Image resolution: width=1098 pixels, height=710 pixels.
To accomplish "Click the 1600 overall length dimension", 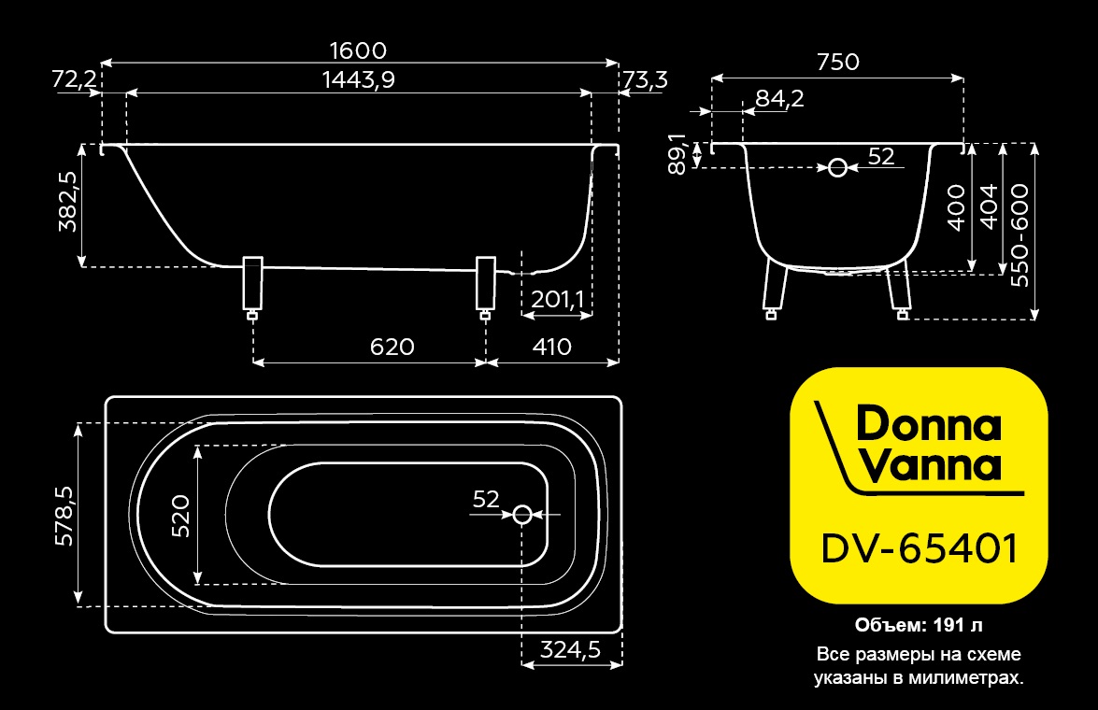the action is (x=358, y=50).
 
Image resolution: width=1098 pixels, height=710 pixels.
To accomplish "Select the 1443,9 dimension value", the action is (x=359, y=79).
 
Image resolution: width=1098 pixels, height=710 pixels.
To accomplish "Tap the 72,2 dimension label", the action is (x=74, y=79).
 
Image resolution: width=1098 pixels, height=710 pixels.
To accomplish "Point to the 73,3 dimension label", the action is (x=645, y=80).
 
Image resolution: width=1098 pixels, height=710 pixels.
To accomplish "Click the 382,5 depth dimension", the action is (x=68, y=202).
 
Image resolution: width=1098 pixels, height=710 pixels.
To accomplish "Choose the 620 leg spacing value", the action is (x=392, y=347).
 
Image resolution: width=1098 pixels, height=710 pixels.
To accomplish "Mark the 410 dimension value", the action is (x=551, y=347).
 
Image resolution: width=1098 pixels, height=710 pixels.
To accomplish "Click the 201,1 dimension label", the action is (x=557, y=300).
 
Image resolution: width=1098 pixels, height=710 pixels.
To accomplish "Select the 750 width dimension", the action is (x=838, y=62).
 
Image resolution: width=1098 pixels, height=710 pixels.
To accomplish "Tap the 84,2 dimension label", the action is (x=779, y=99).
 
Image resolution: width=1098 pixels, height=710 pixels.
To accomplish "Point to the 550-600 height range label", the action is (x=1020, y=235).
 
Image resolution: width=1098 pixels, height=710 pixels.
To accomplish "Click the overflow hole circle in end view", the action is (x=837, y=168).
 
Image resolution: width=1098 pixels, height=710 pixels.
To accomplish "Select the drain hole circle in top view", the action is (x=521, y=515).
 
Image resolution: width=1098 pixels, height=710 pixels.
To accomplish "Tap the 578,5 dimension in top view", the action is (x=64, y=516).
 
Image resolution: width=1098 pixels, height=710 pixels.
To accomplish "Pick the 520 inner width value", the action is (x=180, y=516).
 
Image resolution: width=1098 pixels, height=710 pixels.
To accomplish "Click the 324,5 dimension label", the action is (x=570, y=650).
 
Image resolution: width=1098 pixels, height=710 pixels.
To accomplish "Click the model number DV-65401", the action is (x=919, y=548).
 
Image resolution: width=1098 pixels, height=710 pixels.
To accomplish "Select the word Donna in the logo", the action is (x=929, y=424).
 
